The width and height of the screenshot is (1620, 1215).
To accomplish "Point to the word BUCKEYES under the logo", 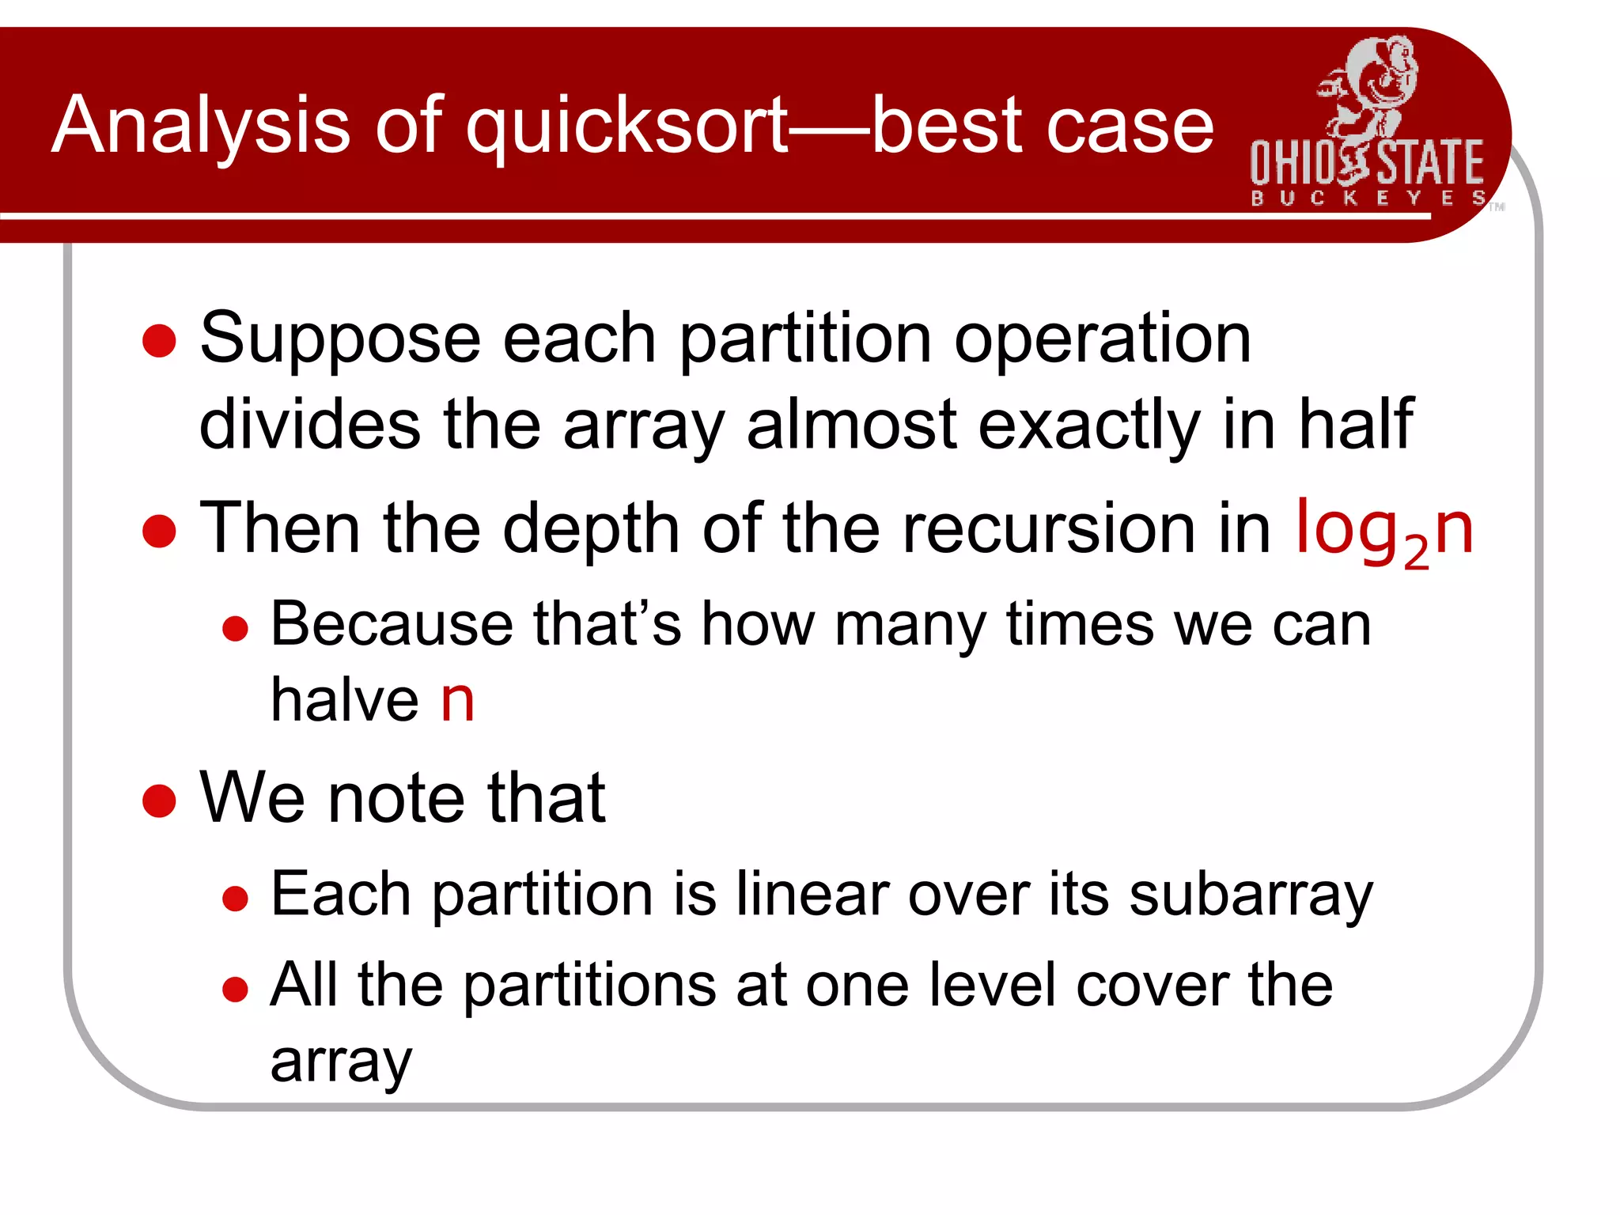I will pyautogui.click(x=1368, y=198).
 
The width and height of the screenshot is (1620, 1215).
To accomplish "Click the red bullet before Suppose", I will pyautogui.click(x=159, y=341).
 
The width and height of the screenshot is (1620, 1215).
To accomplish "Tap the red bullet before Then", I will pyautogui.click(x=159, y=531).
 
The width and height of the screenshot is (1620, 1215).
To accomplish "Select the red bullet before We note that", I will pyautogui.click(x=159, y=800).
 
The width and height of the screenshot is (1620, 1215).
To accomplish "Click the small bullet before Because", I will pyautogui.click(x=235, y=629).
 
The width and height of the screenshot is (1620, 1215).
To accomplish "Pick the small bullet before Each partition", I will pyautogui.click(x=235, y=899).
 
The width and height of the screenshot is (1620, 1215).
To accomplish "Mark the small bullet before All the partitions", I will pyautogui.click(x=235, y=989).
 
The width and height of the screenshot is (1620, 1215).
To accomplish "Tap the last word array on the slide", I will pyautogui.click(x=341, y=1062).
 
